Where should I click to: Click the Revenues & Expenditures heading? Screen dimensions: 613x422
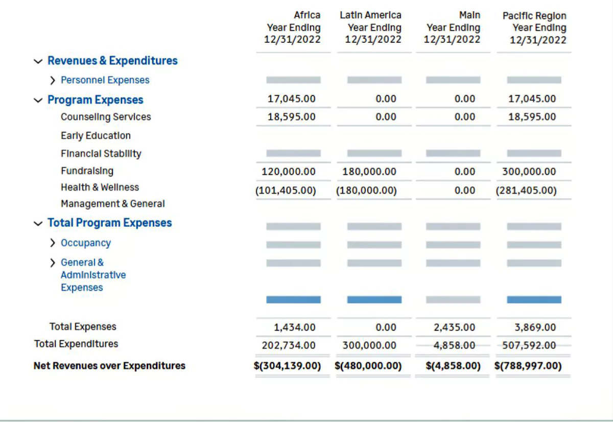click(112, 60)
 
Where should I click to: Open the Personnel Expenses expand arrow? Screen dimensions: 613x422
click(53, 80)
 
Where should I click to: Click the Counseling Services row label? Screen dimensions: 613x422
click(106, 117)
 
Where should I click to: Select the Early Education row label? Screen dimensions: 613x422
click(96, 135)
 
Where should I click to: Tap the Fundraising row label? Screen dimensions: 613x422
click(87, 171)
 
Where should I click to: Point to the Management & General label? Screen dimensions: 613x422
click(113, 204)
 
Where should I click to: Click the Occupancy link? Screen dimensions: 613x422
click(86, 243)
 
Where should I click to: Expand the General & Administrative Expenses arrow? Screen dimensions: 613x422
click(53, 263)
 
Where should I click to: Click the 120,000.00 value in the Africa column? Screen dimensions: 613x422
click(289, 172)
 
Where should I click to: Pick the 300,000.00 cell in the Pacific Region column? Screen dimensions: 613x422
click(529, 172)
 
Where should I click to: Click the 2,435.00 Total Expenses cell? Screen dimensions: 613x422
click(454, 327)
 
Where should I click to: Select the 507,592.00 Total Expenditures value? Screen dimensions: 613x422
click(529, 345)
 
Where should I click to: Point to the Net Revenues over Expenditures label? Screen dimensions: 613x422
click(109, 366)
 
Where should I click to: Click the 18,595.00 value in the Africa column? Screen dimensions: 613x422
click(292, 117)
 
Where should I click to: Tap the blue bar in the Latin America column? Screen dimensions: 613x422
click(374, 300)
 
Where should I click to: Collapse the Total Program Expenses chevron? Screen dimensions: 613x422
click(38, 224)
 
